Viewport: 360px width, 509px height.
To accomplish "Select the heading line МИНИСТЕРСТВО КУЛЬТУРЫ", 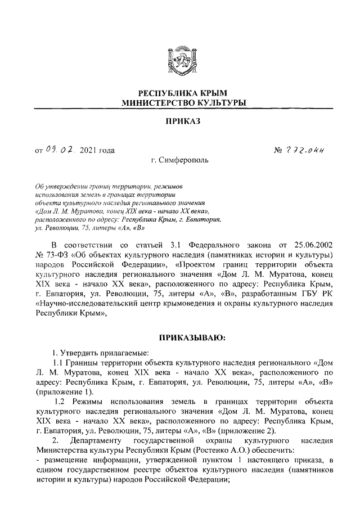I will coord(179,103).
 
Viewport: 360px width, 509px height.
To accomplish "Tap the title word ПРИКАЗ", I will coord(179,121).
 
